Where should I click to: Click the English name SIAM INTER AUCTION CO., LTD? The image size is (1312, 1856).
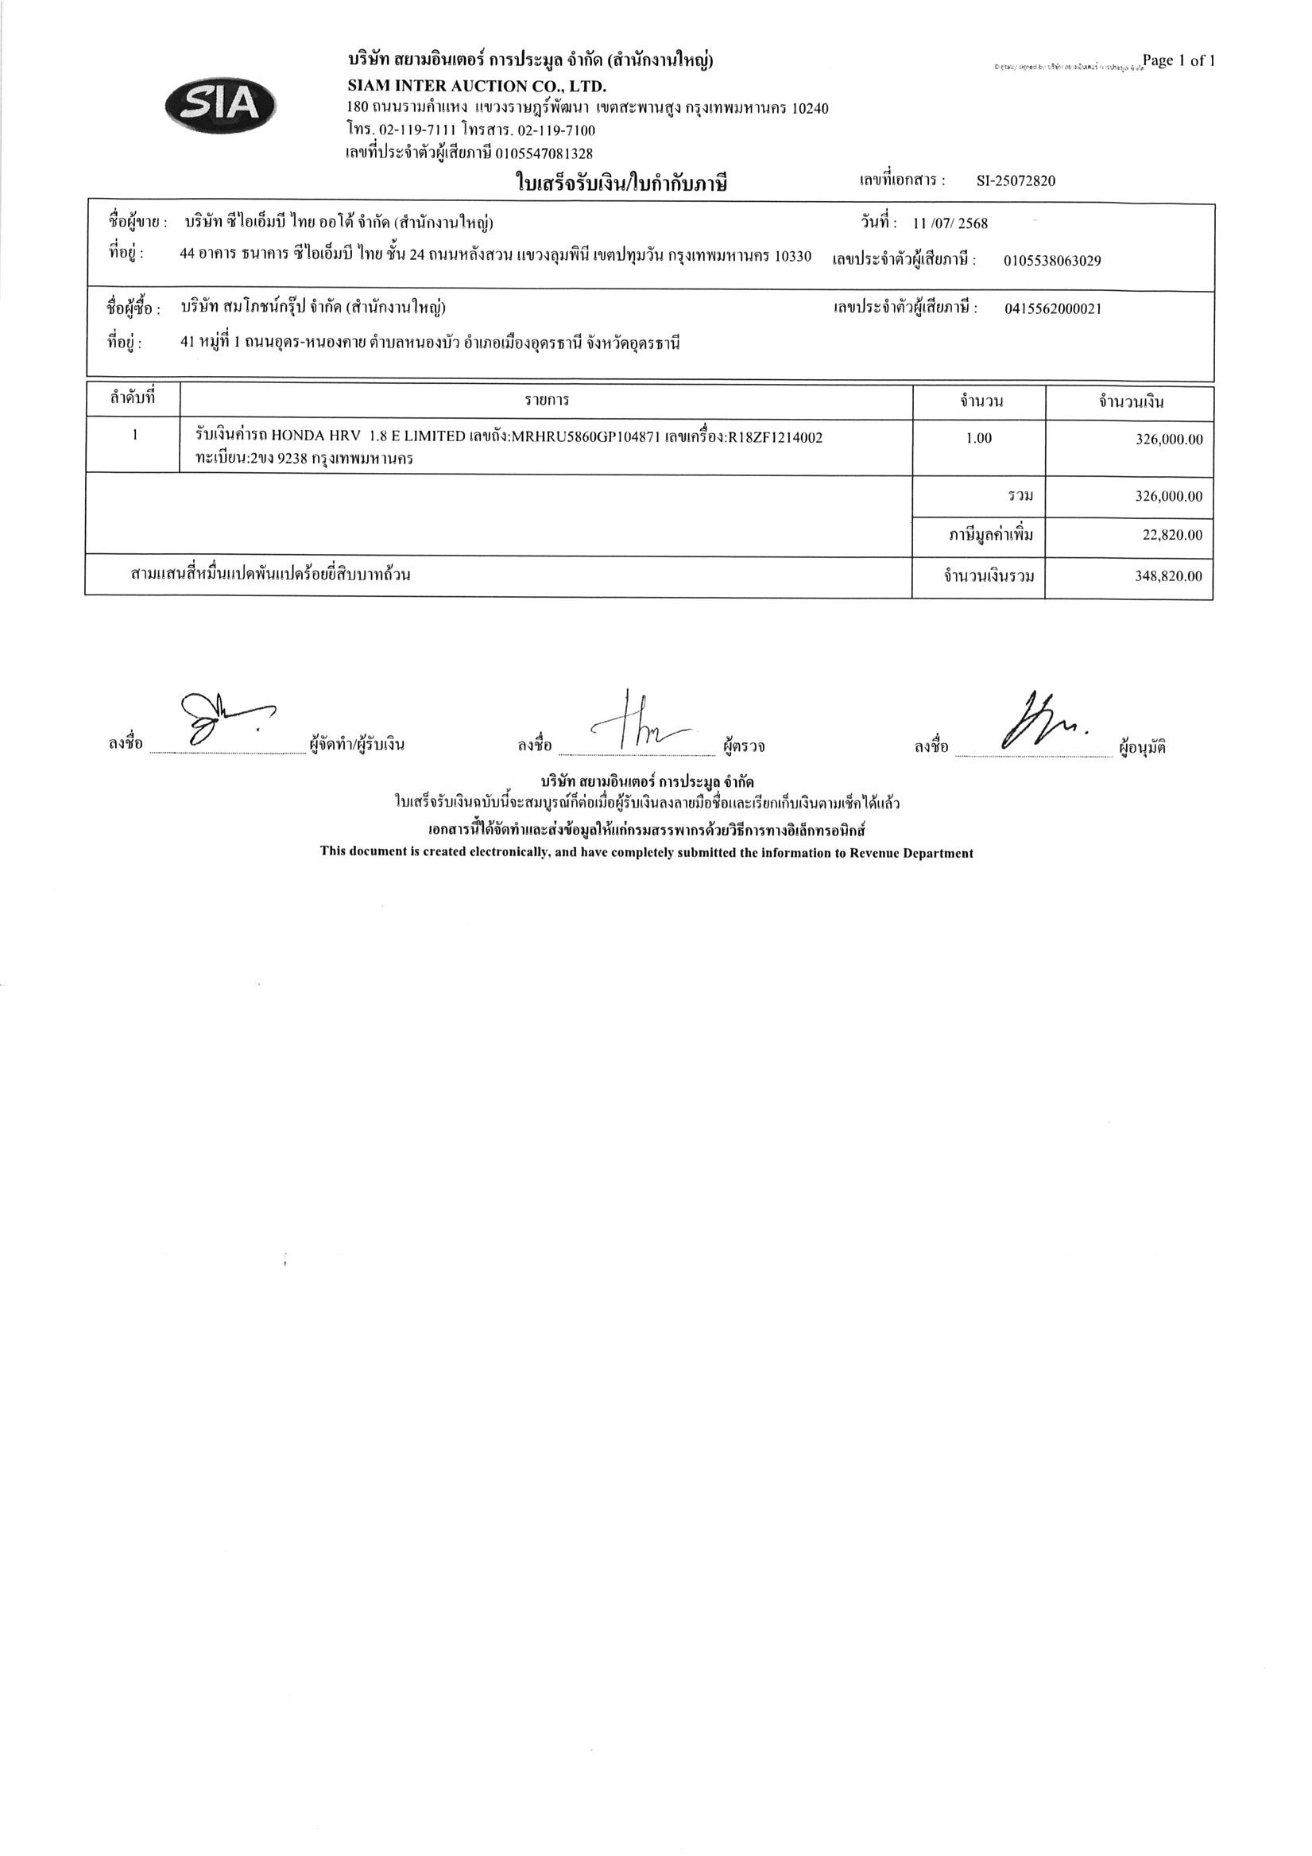click(x=476, y=86)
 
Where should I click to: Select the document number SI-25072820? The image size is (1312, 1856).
click(x=1016, y=181)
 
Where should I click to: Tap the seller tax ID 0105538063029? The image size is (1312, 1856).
click(x=1051, y=261)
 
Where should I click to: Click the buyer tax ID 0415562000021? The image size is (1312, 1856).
click(x=1052, y=308)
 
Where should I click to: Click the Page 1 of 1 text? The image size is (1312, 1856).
click(x=1178, y=60)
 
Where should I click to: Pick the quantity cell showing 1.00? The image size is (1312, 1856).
click(x=978, y=439)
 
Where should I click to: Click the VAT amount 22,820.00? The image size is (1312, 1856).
click(x=1172, y=535)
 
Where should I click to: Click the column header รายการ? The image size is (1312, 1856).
click(x=547, y=401)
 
